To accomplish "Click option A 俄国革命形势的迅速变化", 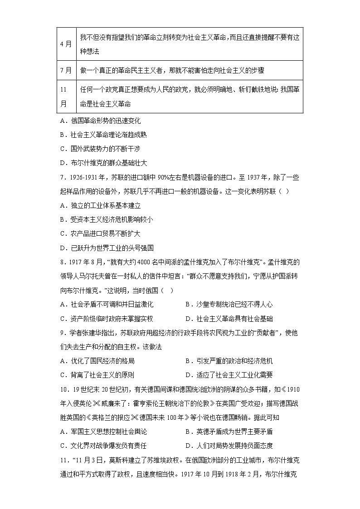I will [x=100, y=121].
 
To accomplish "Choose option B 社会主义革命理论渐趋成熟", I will [x=103, y=135].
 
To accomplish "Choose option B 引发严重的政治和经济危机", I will [x=229, y=361].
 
